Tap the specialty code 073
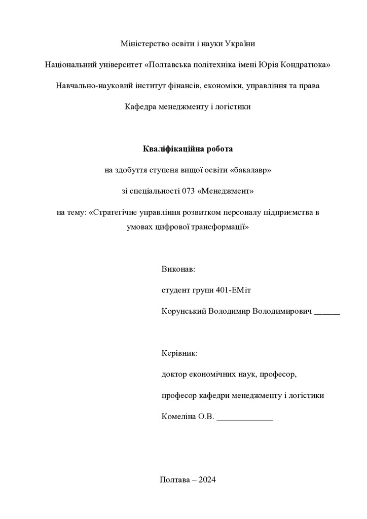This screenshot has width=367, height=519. click(188, 191)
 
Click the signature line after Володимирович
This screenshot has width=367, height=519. click(327, 313)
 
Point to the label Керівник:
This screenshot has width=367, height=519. click(179, 353)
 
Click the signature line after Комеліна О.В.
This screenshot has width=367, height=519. click(244, 419)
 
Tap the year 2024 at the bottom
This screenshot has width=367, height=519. click(207, 480)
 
